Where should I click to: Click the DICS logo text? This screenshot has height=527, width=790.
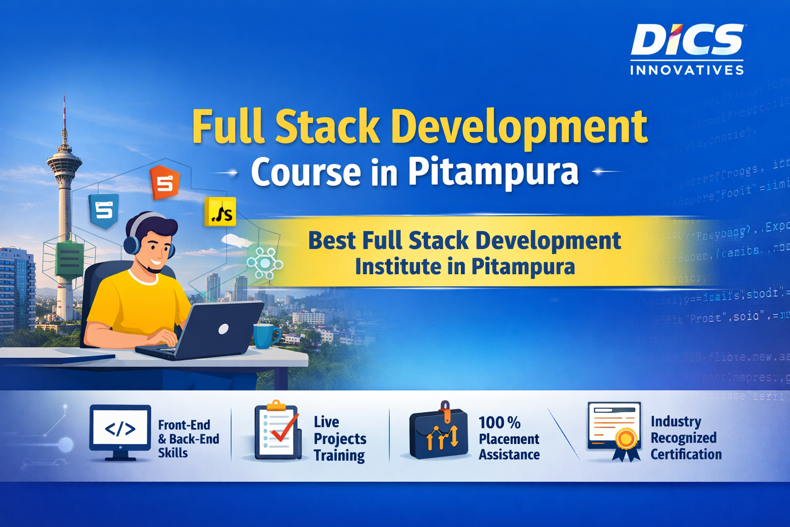click(687, 40)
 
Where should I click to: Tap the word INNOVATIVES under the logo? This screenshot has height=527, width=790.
click(687, 70)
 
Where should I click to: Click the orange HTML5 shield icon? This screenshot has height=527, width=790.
click(165, 183)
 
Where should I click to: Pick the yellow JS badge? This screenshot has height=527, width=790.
click(221, 212)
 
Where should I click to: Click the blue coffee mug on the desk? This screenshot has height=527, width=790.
click(265, 336)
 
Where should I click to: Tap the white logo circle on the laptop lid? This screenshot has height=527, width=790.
click(223, 329)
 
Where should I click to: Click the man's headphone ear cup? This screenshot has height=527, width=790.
click(131, 242)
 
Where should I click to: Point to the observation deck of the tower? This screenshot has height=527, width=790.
click(64, 163)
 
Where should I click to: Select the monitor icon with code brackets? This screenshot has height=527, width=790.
click(120, 431)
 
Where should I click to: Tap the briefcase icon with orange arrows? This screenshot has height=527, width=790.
click(439, 432)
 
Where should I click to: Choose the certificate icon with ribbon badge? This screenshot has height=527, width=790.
click(615, 431)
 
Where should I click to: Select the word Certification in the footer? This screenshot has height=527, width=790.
click(686, 454)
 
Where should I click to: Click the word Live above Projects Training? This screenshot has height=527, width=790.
click(326, 422)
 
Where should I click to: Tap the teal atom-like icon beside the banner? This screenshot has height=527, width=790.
click(264, 263)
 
